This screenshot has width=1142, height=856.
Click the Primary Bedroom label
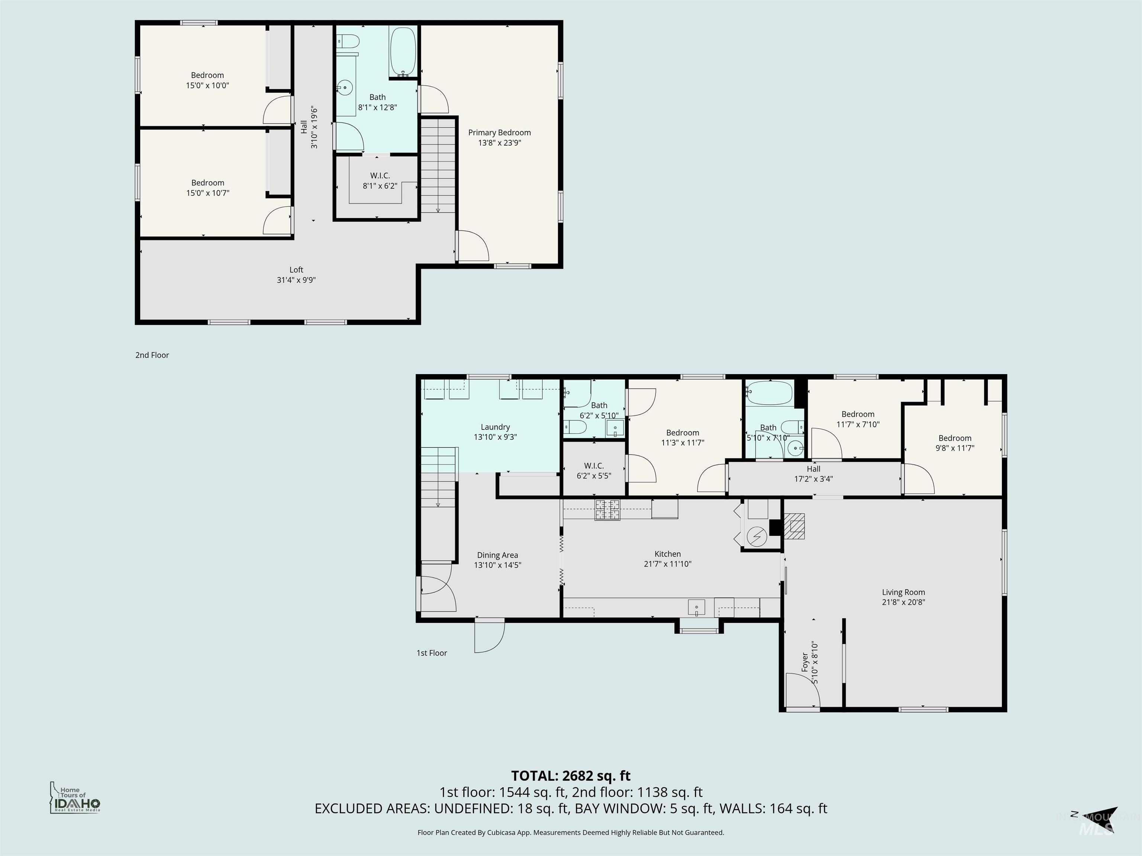point(499,133)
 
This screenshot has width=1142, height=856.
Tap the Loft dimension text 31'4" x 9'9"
point(296,280)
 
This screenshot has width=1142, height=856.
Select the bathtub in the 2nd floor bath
point(403,52)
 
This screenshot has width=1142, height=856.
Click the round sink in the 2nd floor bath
point(345,89)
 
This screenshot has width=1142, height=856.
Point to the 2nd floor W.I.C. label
point(380,176)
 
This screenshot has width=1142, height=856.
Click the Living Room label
point(903,592)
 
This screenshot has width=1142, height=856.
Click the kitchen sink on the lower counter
point(696,607)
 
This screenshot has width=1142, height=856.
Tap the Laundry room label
point(495,427)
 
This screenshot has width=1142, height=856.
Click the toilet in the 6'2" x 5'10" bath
point(575,427)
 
